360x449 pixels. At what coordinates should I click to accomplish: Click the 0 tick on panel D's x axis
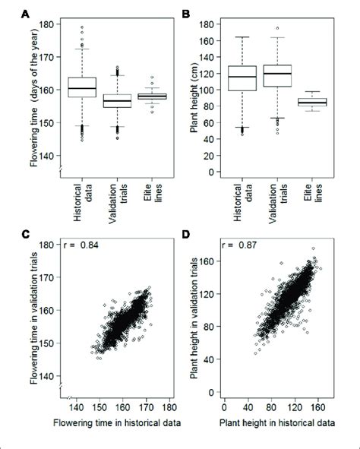pos(226,405)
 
